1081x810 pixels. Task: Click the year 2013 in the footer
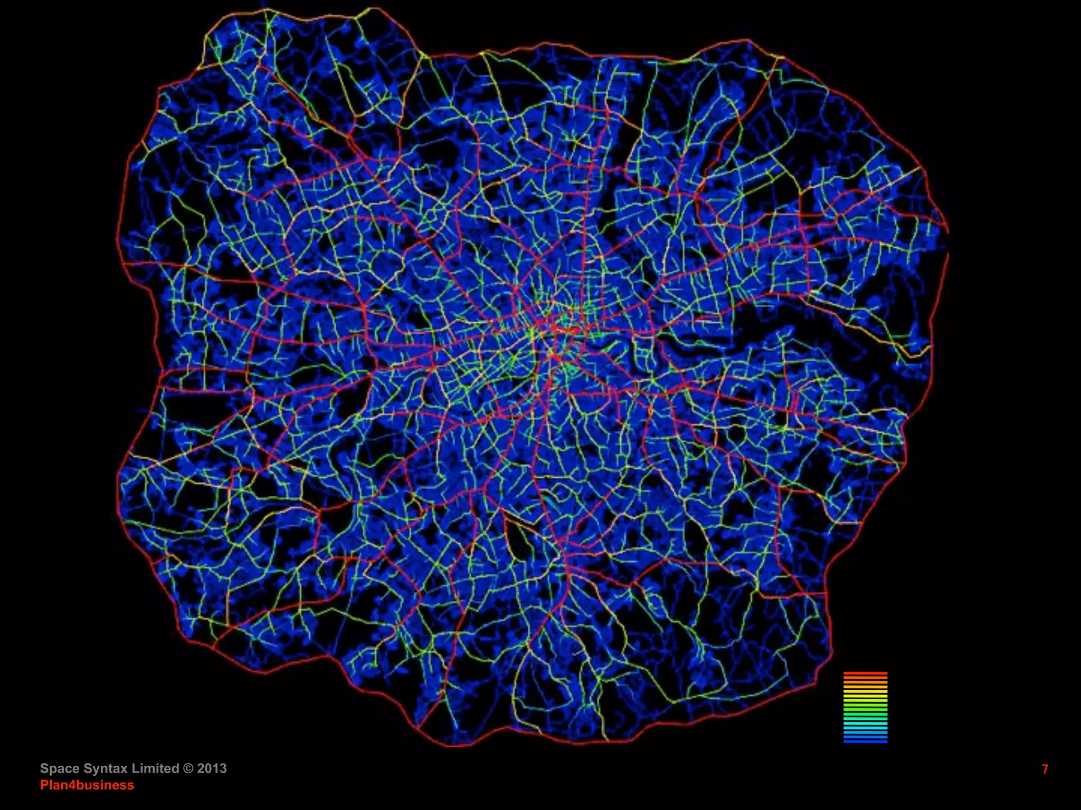click(x=212, y=768)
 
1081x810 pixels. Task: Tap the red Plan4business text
click(x=87, y=785)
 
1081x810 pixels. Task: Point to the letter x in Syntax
click(x=124, y=768)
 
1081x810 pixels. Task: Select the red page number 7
click(x=1045, y=769)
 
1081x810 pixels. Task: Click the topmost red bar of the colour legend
click(x=865, y=673)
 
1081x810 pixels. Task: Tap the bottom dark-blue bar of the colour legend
click(x=865, y=741)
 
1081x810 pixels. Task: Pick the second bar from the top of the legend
click(x=865, y=678)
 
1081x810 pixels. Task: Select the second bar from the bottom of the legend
click(x=865, y=737)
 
